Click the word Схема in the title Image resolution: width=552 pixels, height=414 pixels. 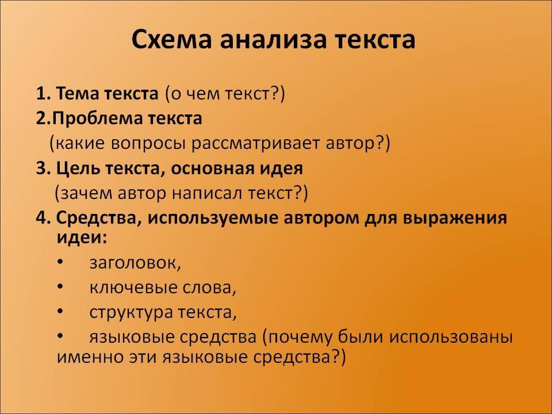172,39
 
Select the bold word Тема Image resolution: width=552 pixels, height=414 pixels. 78,94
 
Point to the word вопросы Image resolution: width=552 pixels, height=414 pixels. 148,143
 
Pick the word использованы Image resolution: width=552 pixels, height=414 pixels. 451,338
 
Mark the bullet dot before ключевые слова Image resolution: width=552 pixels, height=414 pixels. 60,286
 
